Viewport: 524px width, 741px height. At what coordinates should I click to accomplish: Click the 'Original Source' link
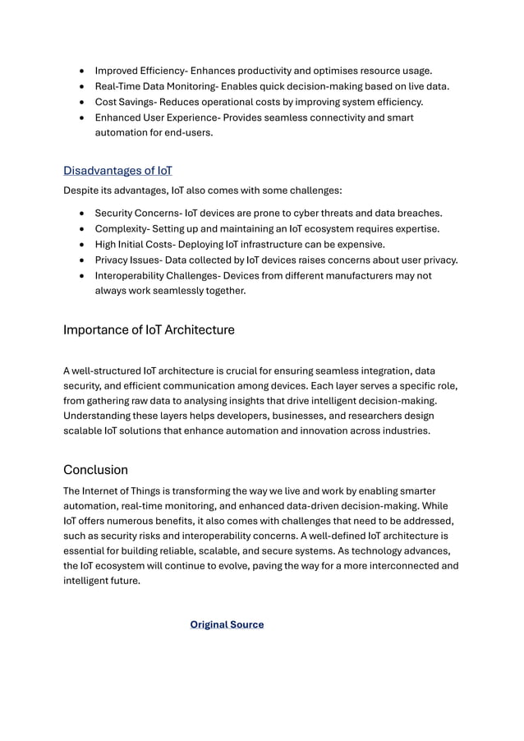(227, 624)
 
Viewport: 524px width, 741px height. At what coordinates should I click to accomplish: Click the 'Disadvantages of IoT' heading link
(117, 171)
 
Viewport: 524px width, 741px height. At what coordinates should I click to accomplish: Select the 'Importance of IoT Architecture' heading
(149, 330)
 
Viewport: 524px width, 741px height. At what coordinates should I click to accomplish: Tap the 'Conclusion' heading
(95, 470)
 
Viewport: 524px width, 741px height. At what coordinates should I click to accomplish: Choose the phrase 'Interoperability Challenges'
(163, 275)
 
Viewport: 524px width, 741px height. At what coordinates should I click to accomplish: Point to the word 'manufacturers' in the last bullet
(361, 275)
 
